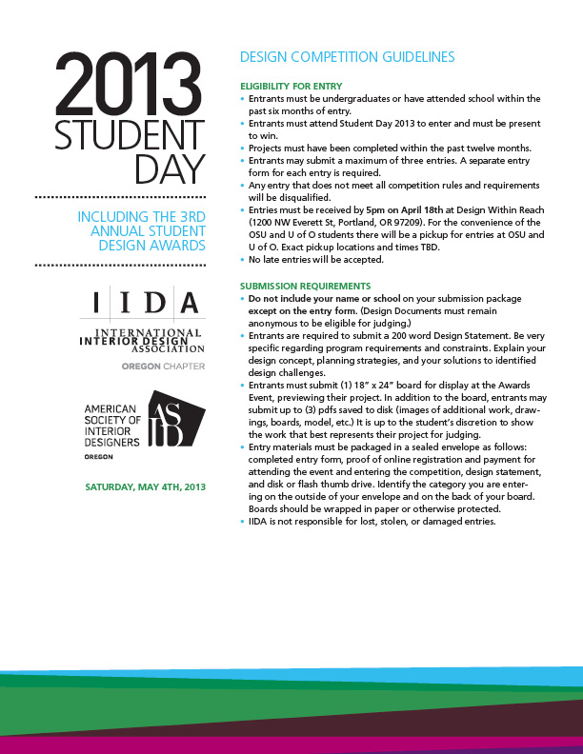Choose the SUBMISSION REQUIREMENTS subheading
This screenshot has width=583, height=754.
(x=305, y=286)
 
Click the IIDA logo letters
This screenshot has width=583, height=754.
(x=149, y=303)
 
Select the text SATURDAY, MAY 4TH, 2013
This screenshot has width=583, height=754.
(x=145, y=487)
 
